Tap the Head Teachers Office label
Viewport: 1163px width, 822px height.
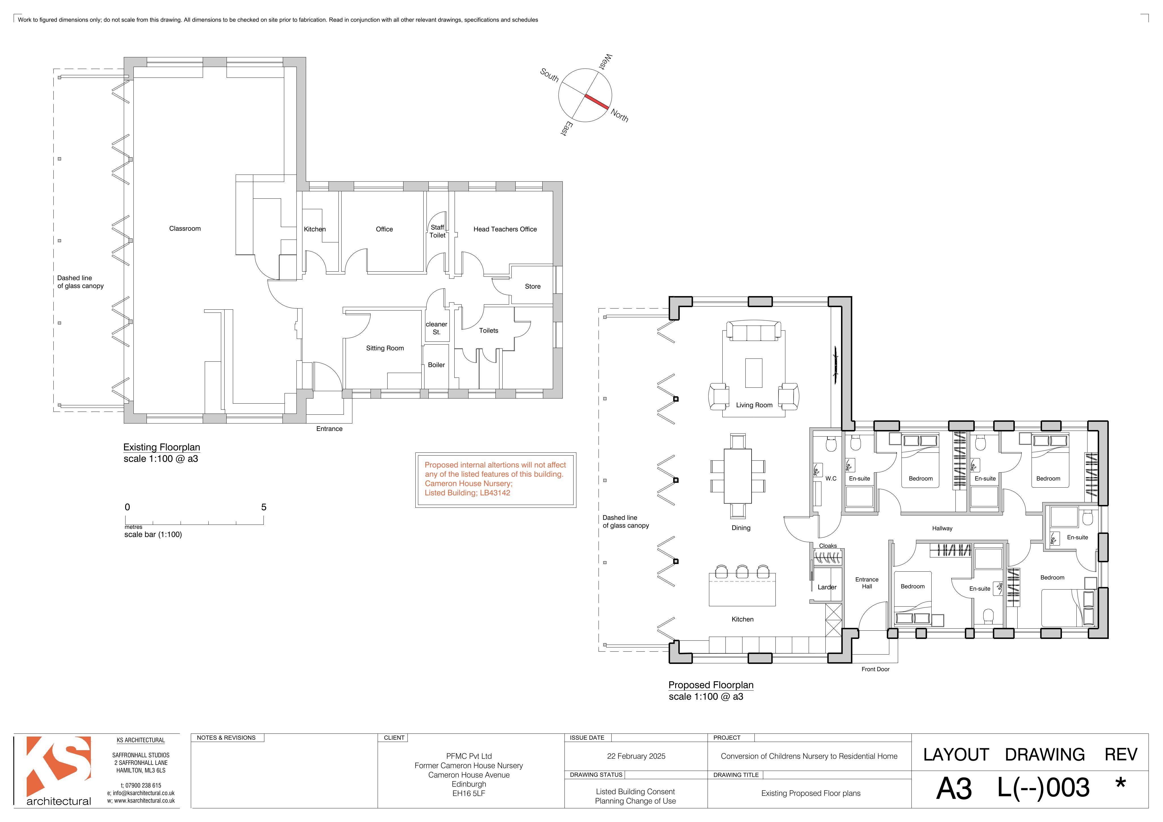(505, 229)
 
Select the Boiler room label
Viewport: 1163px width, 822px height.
(436, 365)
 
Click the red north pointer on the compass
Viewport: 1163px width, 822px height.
(597, 101)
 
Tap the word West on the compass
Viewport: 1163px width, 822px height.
(606, 62)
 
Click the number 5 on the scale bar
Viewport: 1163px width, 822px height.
(263, 507)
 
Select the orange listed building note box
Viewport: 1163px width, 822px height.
(495, 480)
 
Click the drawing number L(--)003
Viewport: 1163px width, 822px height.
(1043, 788)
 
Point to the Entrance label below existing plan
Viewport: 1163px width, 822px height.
(329, 429)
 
